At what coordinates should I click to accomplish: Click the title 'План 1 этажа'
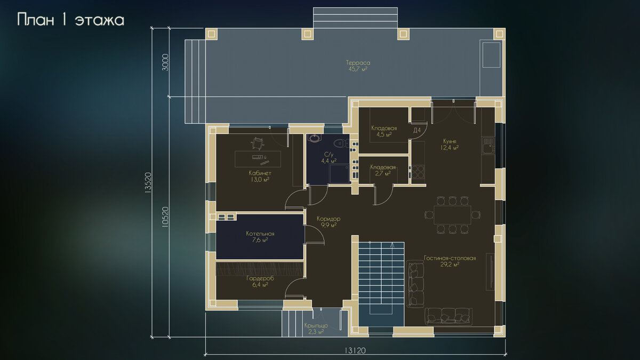[70, 20]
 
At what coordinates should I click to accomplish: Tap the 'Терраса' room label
[358, 62]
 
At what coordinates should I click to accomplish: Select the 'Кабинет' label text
[260, 173]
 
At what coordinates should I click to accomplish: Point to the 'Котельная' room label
[260, 234]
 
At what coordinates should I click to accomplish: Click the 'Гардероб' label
[260, 278]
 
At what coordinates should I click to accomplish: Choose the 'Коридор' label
[329, 219]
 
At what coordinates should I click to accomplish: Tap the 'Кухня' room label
[450, 141]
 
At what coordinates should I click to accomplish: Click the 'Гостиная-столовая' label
[450, 258]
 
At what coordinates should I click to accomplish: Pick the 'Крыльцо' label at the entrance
[316, 325]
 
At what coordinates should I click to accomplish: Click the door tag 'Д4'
[417, 130]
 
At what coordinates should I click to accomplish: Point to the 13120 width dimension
[355, 350]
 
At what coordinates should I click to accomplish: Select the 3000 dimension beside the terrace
[165, 62]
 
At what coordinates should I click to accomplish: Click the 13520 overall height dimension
[148, 183]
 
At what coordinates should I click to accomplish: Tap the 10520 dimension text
[165, 217]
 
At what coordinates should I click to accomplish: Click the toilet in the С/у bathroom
[342, 143]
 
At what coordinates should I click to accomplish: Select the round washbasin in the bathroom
[315, 138]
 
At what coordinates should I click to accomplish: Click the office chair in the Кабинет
[257, 143]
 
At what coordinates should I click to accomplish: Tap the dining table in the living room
[452, 215]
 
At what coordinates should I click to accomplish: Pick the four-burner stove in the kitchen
[418, 172]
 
